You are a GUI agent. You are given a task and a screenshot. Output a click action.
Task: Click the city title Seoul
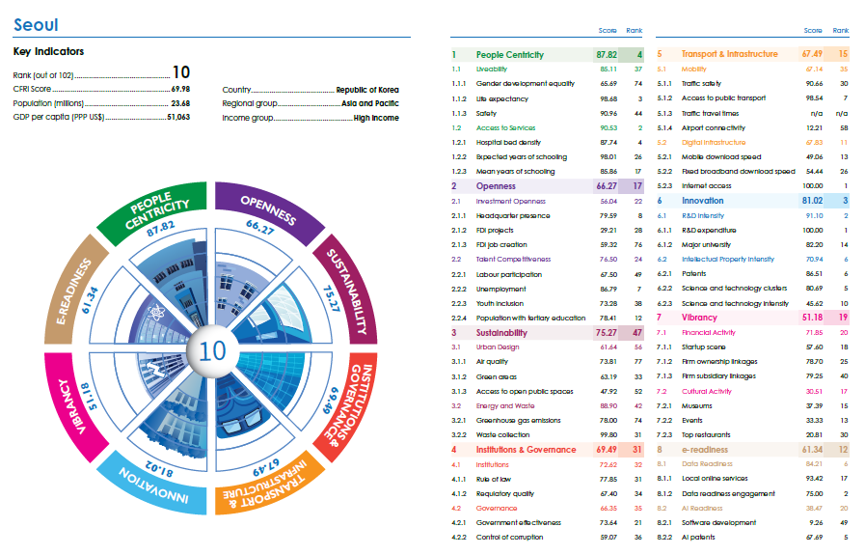pyautogui.click(x=36, y=24)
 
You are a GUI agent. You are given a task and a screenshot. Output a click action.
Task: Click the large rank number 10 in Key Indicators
pyautogui.click(x=181, y=72)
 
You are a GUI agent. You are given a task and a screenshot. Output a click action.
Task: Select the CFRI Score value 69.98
pyautogui.click(x=177, y=88)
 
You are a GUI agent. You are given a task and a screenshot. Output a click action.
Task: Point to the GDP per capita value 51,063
pyautogui.click(x=177, y=117)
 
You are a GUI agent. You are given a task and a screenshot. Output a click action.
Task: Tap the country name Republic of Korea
pyautogui.click(x=367, y=88)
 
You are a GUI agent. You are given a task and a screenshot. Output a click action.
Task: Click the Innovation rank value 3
pyautogui.click(x=845, y=201)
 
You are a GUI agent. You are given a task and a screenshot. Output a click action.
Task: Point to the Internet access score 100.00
pyautogui.click(x=812, y=185)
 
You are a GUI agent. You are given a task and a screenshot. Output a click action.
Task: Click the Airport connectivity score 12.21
pyautogui.click(x=812, y=127)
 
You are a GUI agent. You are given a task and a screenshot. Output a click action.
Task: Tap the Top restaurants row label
pyautogui.click(x=710, y=434)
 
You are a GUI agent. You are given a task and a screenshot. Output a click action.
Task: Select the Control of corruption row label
pyautogui.click(x=510, y=537)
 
